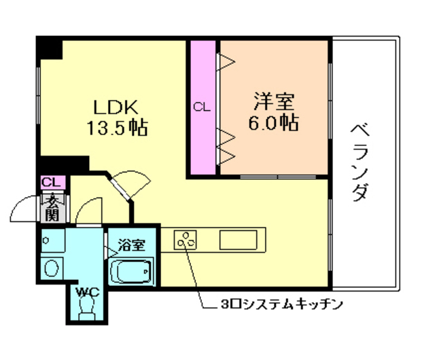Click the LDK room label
pyautogui.click(x=116, y=106)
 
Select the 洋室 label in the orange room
pyautogui.click(x=274, y=103)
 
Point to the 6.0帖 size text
pyautogui.click(x=274, y=123)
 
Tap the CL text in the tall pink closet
pyautogui.click(x=202, y=107)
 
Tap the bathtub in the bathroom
pyautogui.click(x=132, y=274)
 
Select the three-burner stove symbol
pyautogui.click(x=186, y=240)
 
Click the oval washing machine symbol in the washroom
pyautogui.click(x=52, y=267)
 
